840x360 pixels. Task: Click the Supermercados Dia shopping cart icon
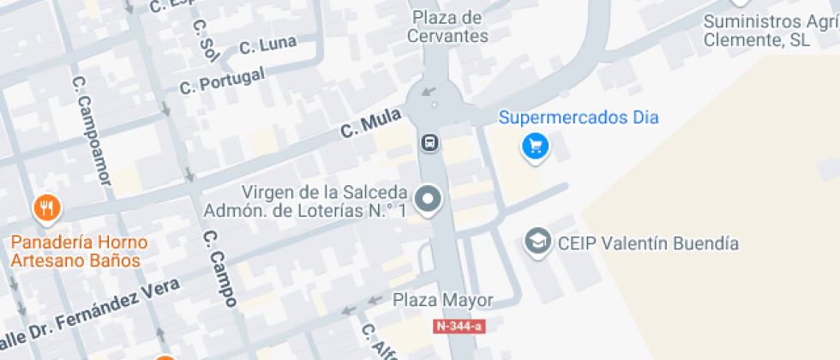[x=536, y=147]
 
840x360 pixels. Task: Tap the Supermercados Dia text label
[x=579, y=117]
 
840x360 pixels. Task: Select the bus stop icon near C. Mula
[x=430, y=142]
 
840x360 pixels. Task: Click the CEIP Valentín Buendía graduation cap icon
[x=537, y=243]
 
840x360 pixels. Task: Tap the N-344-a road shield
[x=459, y=326]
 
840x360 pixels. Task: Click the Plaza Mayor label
[x=443, y=300]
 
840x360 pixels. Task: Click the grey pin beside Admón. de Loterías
[x=428, y=201]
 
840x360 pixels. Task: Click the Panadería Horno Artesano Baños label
[x=79, y=250]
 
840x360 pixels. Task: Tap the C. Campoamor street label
[x=93, y=129]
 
